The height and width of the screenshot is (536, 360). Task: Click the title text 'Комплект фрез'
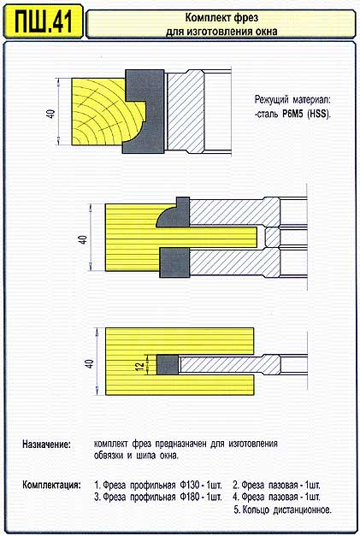(x=221, y=17)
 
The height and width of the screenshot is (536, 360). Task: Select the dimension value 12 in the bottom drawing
(x=140, y=366)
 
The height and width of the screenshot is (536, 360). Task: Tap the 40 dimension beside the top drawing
(x=51, y=114)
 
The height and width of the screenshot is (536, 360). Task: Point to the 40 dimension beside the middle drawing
(x=83, y=239)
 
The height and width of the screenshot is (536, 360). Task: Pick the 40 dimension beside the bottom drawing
(x=89, y=363)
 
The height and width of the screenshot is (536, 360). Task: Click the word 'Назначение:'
(x=46, y=445)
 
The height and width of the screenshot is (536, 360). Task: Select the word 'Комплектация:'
(x=52, y=485)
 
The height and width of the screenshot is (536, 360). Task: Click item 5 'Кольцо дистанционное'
(x=283, y=509)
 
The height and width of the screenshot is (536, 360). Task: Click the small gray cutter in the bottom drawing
(x=168, y=364)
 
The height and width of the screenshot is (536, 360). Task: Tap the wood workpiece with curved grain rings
(x=103, y=111)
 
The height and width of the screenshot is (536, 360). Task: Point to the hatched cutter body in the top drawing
(x=186, y=111)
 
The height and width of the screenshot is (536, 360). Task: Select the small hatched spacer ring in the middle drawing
(x=273, y=238)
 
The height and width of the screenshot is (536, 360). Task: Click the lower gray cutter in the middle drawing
(x=174, y=262)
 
